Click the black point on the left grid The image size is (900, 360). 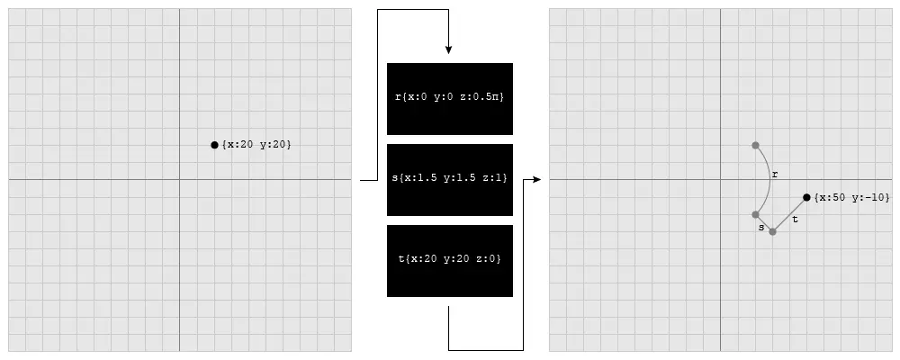coord(214,145)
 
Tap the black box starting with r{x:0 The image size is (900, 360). coord(449,98)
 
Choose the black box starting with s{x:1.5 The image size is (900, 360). coord(449,179)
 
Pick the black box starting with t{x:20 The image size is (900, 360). coord(449,260)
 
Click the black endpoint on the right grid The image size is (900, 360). coord(806,197)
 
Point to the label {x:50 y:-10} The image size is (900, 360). coord(851,198)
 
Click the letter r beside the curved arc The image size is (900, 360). coord(775,174)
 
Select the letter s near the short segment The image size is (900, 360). coord(761,229)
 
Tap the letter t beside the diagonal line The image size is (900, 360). coord(795,219)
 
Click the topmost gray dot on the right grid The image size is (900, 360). coord(755,145)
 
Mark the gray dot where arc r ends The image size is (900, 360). coord(755,214)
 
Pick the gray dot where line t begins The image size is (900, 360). coord(772,231)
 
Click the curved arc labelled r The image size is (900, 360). coord(768,180)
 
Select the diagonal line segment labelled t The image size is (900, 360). coord(789,214)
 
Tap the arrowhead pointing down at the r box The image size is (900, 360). coord(448,49)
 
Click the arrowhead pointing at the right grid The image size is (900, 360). coord(536,180)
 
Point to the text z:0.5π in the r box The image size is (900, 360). coord(482,98)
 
